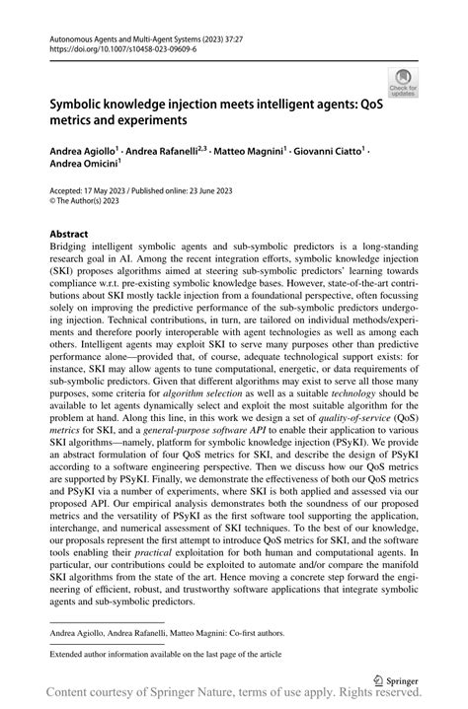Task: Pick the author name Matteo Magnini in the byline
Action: tap(249, 153)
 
